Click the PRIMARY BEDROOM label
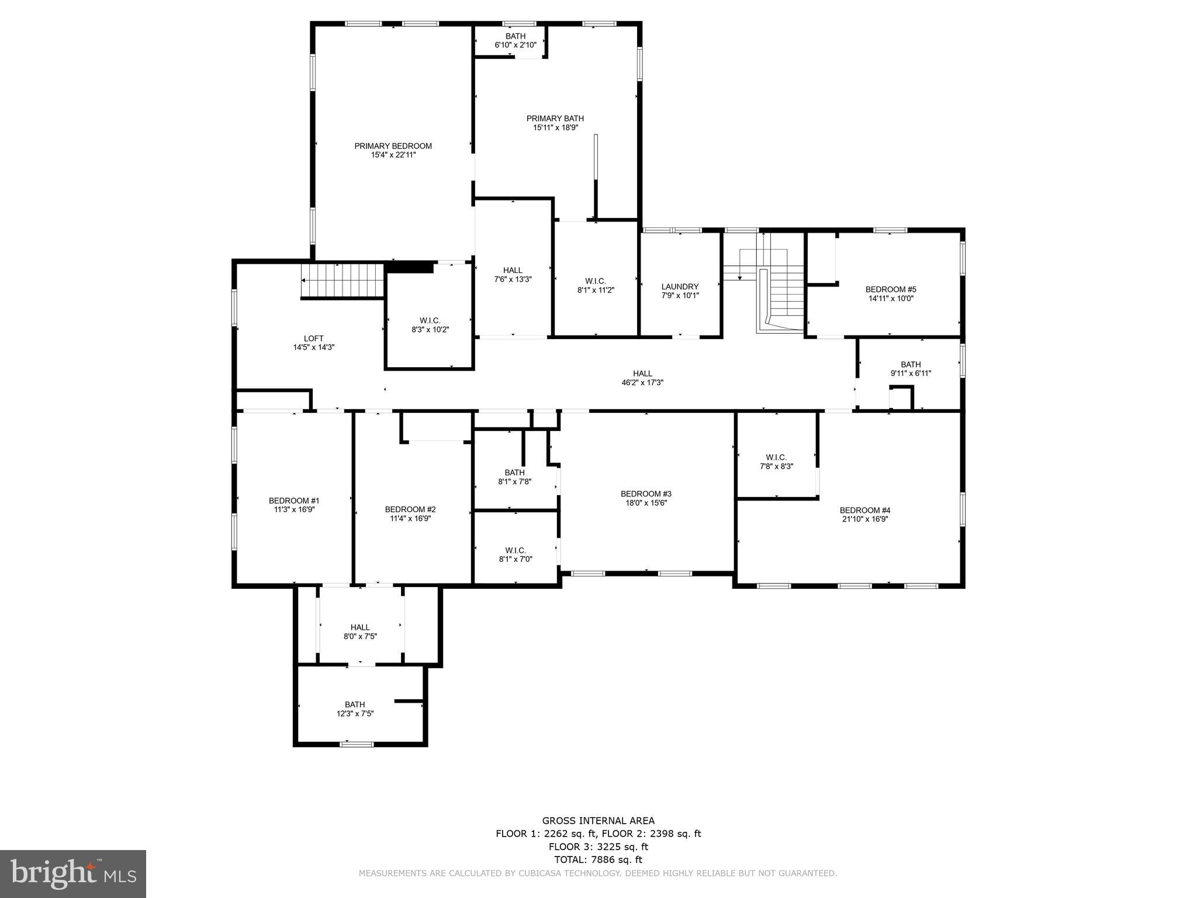[x=393, y=146]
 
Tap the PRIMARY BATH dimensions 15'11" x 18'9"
[x=555, y=127]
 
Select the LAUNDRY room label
[x=680, y=286]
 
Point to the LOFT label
[x=313, y=339]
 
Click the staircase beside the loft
[x=342, y=281]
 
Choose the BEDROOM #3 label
[x=646, y=493]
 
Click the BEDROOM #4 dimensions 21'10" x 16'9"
[x=864, y=519]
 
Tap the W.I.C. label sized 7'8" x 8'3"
[x=776, y=457]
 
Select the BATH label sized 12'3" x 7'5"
[x=355, y=704]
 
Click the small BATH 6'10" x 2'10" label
[x=516, y=36]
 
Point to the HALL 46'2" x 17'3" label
[x=642, y=374]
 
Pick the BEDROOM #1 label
[x=294, y=500]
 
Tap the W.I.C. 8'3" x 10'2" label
[x=430, y=320]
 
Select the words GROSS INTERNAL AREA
[x=598, y=821]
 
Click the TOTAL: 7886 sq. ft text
[x=598, y=859]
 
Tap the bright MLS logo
[x=73, y=873]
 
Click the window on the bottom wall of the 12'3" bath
[x=357, y=744]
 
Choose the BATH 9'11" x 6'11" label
[x=911, y=364]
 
